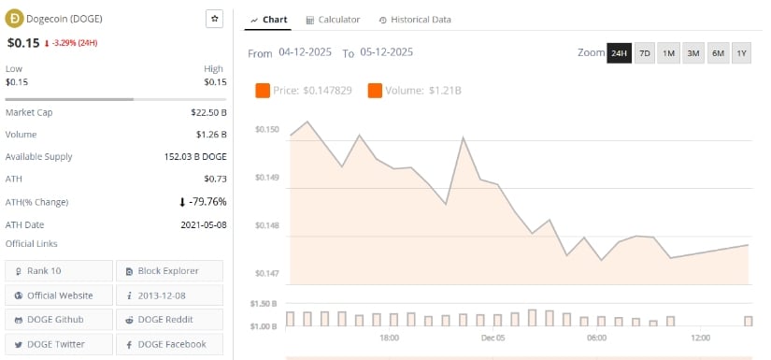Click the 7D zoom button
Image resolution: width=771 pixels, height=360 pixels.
click(x=644, y=53)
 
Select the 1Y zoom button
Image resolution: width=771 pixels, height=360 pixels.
click(x=741, y=53)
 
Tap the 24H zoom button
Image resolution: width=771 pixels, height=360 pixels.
click(x=619, y=53)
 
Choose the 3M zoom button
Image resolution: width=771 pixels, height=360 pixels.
click(x=692, y=53)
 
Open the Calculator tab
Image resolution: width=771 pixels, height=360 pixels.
click(x=333, y=20)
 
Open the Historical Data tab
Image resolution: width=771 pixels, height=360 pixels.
click(x=415, y=20)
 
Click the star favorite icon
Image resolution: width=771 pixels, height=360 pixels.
click(x=214, y=19)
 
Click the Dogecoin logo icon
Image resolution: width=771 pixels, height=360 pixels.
click(x=14, y=19)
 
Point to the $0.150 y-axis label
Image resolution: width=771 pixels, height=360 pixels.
click(x=266, y=129)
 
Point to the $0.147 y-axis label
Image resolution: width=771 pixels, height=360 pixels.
click(x=266, y=274)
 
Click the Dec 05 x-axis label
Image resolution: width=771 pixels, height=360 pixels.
click(x=493, y=338)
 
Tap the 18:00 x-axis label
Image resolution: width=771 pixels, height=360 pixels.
click(x=389, y=338)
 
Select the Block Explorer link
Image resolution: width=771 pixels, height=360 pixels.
click(x=169, y=271)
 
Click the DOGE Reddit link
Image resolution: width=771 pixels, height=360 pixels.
click(x=169, y=320)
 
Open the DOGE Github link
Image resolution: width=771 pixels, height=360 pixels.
click(x=59, y=320)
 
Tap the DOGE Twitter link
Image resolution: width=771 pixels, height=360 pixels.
click(x=59, y=344)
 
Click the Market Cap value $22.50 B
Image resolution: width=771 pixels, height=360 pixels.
click(x=207, y=112)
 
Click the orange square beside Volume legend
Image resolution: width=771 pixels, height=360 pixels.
click(x=375, y=91)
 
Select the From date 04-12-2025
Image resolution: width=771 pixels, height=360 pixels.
click(x=306, y=53)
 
